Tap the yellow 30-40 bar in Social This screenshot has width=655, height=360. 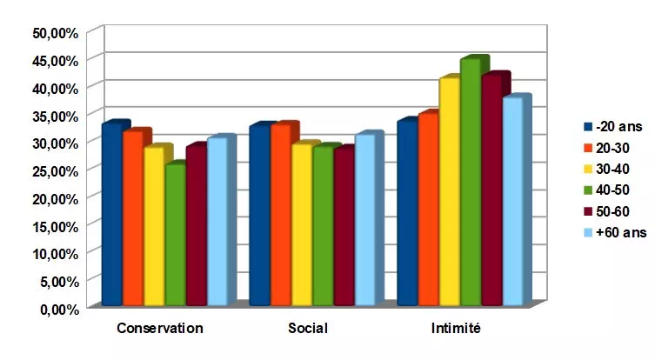point(301,225)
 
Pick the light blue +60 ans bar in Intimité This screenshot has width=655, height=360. point(513,202)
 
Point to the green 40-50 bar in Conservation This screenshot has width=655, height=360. point(175,235)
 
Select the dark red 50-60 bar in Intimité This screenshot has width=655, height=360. point(492,190)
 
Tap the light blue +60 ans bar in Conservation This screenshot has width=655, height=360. point(217,223)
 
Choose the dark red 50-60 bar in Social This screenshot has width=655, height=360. point(343,227)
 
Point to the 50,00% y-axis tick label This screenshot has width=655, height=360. point(55,33)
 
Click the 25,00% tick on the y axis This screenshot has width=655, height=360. point(55,170)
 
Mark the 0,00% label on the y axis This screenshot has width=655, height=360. point(58,308)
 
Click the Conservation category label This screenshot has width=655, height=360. point(160,329)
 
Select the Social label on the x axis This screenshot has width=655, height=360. point(308,329)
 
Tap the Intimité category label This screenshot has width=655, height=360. point(456,329)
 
